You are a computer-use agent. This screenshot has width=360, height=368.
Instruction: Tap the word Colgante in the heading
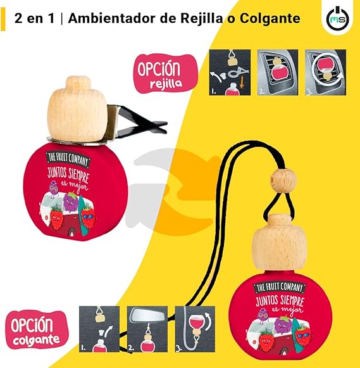(x=270, y=18)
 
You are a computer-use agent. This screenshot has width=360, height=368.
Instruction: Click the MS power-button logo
(x=337, y=19)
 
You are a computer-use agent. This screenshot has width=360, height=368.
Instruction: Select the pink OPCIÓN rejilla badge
(x=166, y=73)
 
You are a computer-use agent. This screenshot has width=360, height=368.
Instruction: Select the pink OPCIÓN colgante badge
(x=37, y=329)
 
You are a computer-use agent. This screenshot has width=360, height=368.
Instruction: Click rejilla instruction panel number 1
(x=230, y=72)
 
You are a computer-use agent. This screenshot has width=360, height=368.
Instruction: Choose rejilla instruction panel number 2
(x=278, y=72)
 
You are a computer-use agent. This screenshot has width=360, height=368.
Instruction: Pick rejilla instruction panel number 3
(x=326, y=72)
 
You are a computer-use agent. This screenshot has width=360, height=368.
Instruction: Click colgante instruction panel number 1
(x=99, y=329)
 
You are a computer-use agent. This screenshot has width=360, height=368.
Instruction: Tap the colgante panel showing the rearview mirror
(x=147, y=329)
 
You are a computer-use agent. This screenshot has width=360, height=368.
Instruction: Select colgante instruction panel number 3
(x=195, y=329)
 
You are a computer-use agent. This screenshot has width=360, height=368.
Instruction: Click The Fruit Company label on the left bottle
(x=68, y=160)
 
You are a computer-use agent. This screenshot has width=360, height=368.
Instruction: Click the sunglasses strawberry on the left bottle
(x=88, y=217)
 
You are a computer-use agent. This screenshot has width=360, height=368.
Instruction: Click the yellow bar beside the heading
(x=3, y=19)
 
